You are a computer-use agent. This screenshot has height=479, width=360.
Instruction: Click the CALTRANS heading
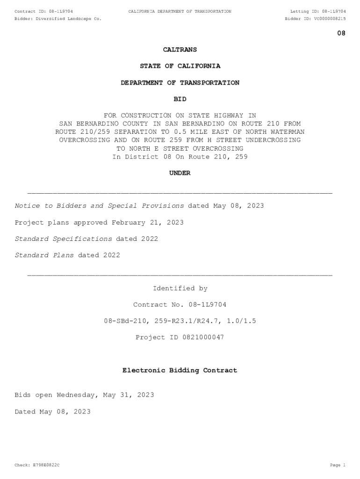pyautogui.click(x=180, y=50)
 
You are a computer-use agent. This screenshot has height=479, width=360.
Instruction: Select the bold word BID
pyautogui.click(x=180, y=99)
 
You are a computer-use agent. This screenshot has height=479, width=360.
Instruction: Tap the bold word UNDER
pyautogui.click(x=180, y=173)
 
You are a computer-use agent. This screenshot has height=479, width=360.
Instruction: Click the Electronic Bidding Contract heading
pyautogui.click(x=180, y=370)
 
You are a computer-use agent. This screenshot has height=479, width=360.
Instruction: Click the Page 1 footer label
pyautogui.click(x=337, y=465)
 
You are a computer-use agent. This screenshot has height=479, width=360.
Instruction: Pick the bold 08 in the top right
pyautogui.click(x=341, y=34)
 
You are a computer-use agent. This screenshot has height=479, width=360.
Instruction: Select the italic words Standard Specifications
pyautogui.click(x=64, y=239)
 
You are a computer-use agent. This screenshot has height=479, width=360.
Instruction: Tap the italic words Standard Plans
pyautogui.click(x=44, y=255)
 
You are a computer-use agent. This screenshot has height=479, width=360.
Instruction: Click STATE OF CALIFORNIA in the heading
pyautogui.click(x=180, y=66)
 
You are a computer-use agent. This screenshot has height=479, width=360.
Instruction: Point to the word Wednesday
pyautogui.click(x=77, y=395)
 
